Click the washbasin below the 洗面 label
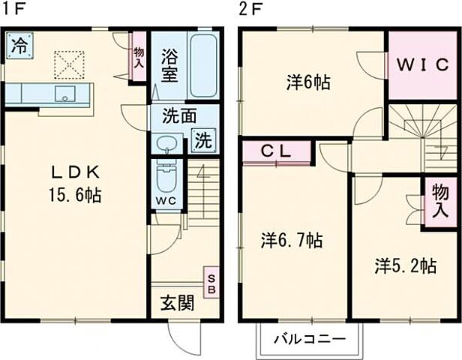(168, 142)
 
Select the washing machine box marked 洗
(202, 139)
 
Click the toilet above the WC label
(166, 178)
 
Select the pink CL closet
(276, 152)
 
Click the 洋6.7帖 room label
(292, 240)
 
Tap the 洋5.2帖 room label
(406, 265)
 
